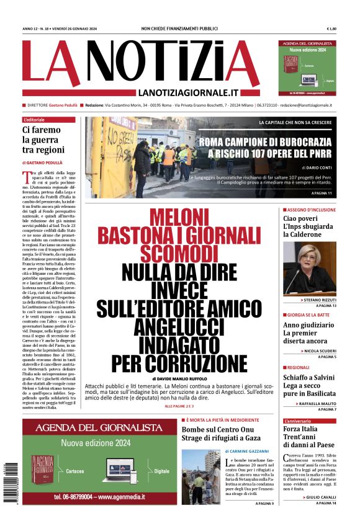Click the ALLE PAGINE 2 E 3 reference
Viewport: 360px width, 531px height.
(x=179, y=406)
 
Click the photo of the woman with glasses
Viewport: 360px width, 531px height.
(x=310, y=267)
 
